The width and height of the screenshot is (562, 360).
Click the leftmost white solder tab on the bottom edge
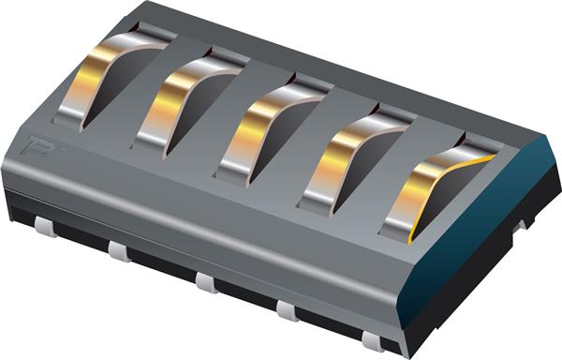tap(45, 226)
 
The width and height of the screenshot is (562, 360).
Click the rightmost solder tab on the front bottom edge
tap(373, 340)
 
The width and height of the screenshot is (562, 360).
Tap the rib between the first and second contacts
tap(145, 94)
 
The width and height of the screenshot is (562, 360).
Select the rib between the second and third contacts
tap(225, 117)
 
